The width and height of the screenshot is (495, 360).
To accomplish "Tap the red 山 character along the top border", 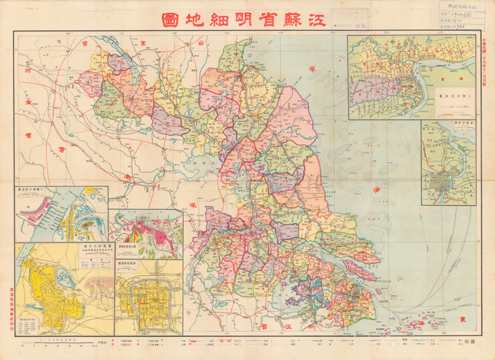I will [x=200, y=41].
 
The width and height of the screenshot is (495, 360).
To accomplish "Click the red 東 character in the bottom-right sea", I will [x=463, y=320].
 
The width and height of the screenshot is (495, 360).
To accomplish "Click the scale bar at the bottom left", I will [x=56, y=341].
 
